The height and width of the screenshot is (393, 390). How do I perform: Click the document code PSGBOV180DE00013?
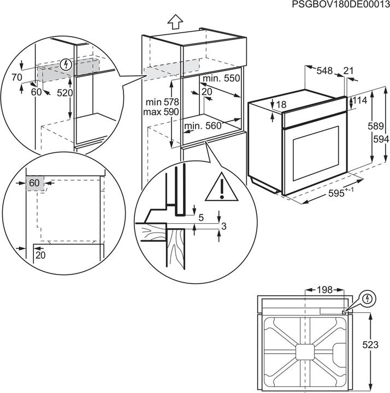point(339,5)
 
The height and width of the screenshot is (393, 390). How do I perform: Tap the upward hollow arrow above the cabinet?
point(175,22)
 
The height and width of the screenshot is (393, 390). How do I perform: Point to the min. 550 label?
point(221,79)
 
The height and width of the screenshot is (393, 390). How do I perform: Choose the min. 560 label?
point(203,127)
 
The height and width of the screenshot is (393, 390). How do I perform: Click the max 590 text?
point(158,111)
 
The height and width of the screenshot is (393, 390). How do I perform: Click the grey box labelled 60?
point(34,183)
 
